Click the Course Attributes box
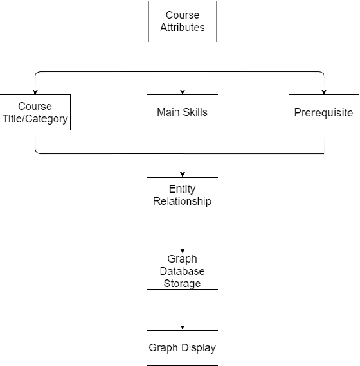(x=183, y=21)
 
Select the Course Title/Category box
(x=35, y=112)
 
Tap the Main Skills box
(x=183, y=112)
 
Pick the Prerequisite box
(x=323, y=112)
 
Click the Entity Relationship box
(x=183, y=195)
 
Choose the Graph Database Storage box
(x=183, y=271)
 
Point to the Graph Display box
(x=183, y=348)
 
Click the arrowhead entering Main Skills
(x=183, y=92)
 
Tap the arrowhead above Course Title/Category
(x=35, y=92)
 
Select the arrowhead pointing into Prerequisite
(x=323, y=92)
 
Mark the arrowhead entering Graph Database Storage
(x=183, y=251)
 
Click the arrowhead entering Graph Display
(x=183, y=327)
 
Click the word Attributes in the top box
(x=183, y=28)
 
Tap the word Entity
(x=183, y=189)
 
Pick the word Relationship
(x=183, y=202)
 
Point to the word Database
(x=183, y=272)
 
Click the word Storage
(x=183, y=283)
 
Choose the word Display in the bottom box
(x=198, y=348)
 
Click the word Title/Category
(x=35, y=118)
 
